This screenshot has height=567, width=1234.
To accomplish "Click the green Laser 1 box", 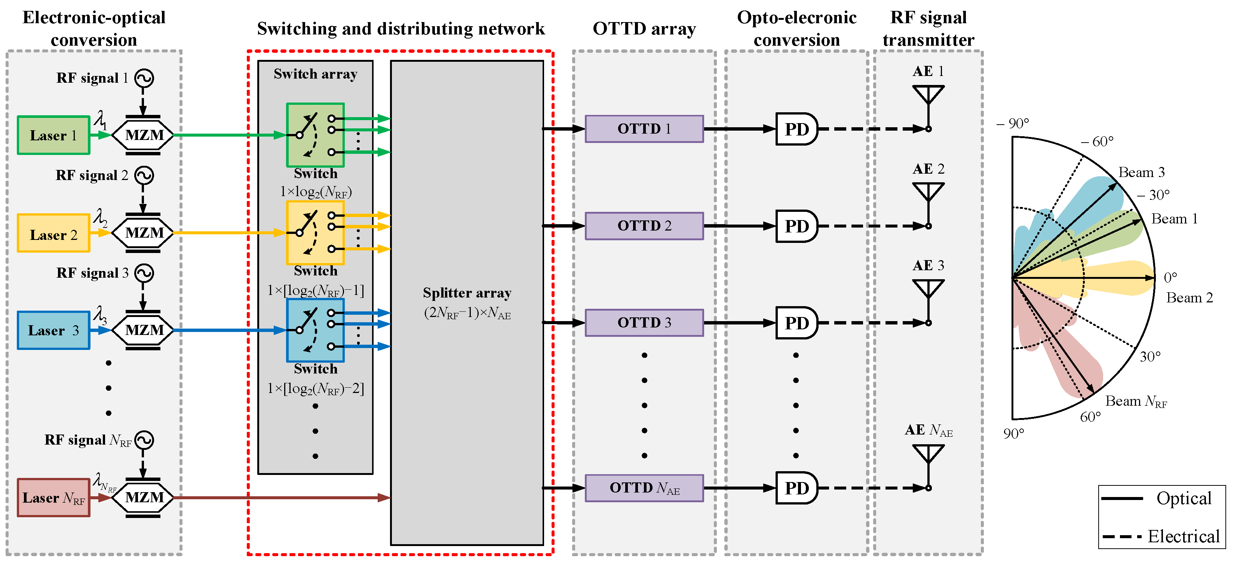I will click(x=53, y=135).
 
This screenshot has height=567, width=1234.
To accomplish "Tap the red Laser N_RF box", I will click(x=53, y=497).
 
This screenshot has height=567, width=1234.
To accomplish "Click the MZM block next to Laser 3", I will click(x=143, y=330).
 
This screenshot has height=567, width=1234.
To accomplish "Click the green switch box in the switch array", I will click(x=315, y=135).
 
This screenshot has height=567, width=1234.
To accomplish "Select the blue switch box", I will click(x=315, y=330).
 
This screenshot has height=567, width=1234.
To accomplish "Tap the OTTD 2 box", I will click(x=644, y=226).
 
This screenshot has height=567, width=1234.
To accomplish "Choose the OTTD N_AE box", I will click(x=644, y=488).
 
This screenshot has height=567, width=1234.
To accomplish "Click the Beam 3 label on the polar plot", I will click(x=1141, y=172).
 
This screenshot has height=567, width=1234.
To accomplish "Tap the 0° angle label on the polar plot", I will click(x=1170, y=277).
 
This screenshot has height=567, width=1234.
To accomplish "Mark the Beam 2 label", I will click(x=1189, y=298).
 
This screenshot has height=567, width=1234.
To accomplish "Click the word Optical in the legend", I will click(x=1184, y=499).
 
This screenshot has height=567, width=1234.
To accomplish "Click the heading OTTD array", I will click(x=644, y=29).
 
